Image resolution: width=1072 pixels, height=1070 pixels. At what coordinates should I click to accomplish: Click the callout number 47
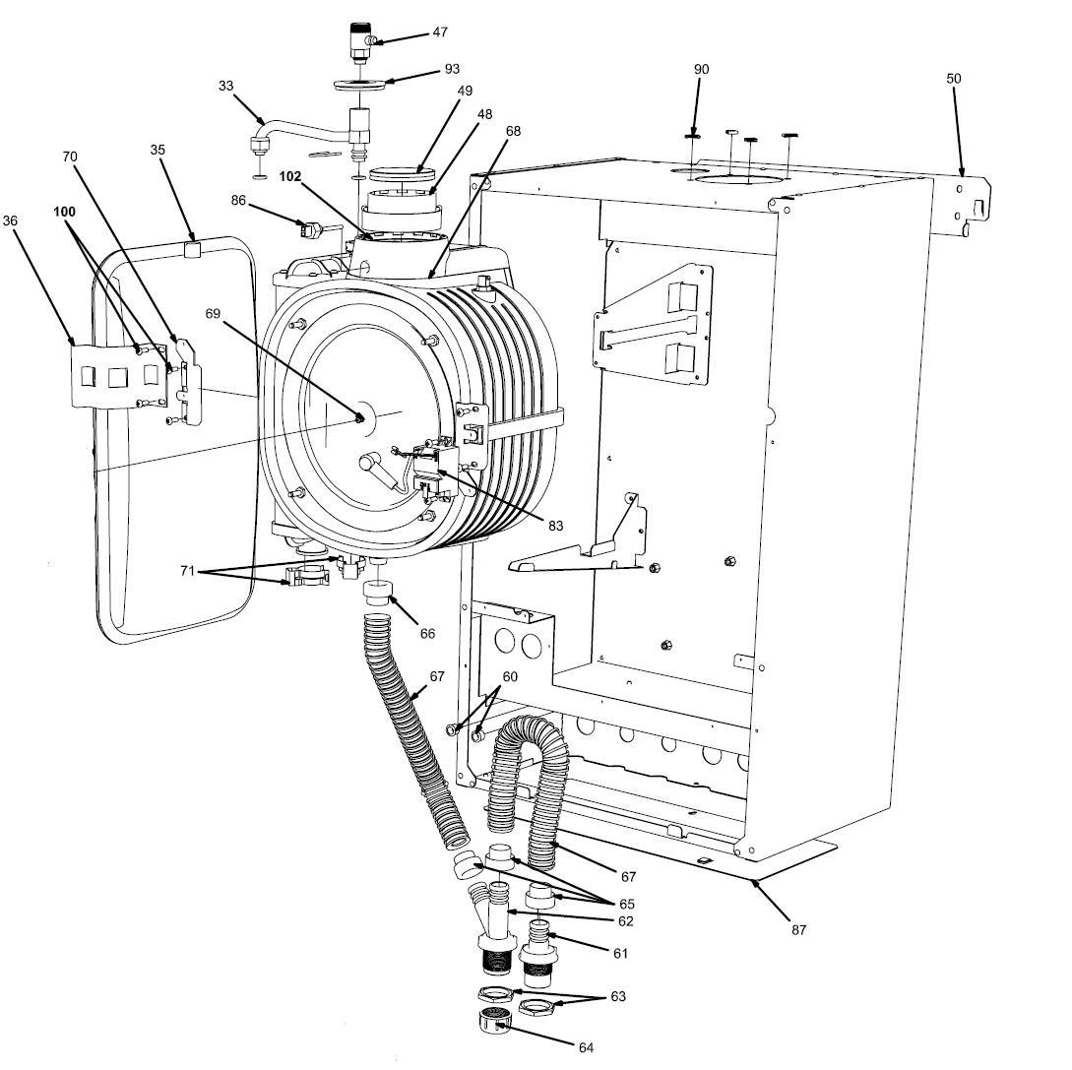click(x=440, y=32)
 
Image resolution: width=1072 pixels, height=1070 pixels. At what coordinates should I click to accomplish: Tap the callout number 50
click(x=954, y=79)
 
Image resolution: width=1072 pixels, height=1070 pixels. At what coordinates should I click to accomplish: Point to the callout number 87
click(x=798, y=929)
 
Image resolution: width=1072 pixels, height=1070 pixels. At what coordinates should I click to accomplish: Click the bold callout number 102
click(x=289, y=177)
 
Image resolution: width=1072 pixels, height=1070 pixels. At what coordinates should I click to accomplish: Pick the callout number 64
click(x=586, y=1047)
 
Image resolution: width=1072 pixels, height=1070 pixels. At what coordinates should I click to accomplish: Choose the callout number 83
click(x=555, y=526)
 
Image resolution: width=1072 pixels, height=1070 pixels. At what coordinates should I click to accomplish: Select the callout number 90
click(x=701, y=70)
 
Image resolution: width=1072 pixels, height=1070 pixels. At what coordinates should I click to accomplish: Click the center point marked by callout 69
click(x=360, y=418)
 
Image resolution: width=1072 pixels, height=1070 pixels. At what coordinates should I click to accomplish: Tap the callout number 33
click(x=226, y=87)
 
